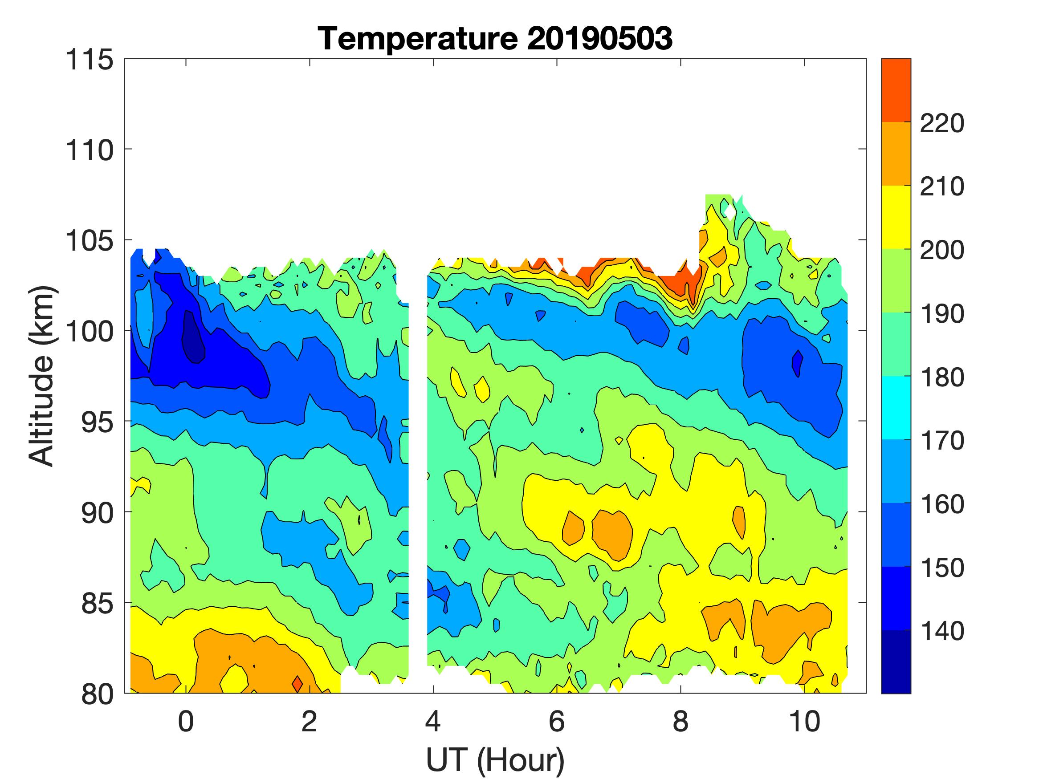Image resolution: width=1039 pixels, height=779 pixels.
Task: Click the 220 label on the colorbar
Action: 941,124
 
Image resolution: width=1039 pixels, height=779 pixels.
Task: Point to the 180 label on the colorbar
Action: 941,377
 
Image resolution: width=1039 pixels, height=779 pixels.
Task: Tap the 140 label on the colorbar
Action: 941,631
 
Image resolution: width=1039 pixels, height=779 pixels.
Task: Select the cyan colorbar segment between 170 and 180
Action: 896,408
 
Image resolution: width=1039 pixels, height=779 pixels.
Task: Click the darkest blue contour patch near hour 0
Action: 194,338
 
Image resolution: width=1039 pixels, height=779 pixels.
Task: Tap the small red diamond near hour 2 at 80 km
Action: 297,683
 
